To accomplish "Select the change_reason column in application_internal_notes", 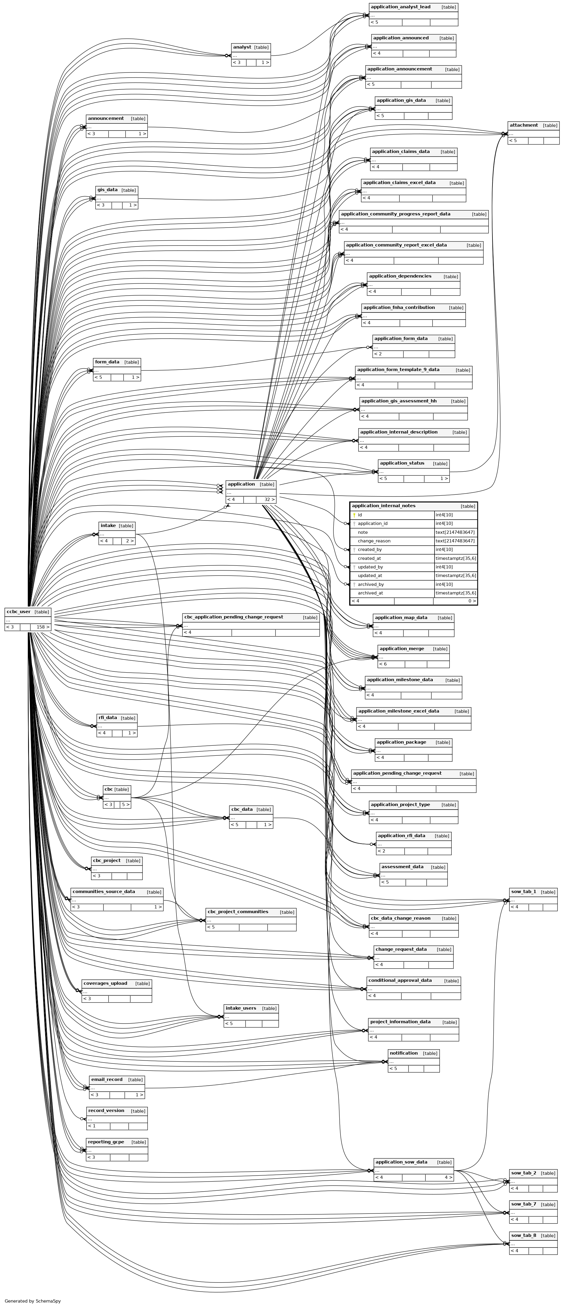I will click(374, 541).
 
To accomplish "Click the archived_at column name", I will click(370, 593).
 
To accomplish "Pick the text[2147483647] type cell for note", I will click(455, 532).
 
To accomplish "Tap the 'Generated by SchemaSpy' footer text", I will click(33, 1301).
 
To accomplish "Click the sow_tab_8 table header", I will click(524, 1235).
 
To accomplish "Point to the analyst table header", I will click(242, 47).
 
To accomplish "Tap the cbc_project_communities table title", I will click(238, 911).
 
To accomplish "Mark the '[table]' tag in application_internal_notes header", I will click(468, 506).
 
